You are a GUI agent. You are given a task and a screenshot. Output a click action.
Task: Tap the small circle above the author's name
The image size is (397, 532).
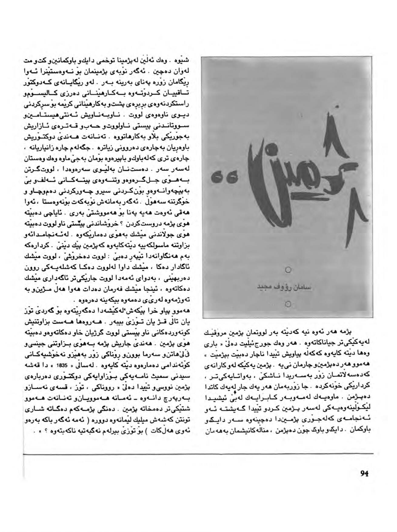[288, 269]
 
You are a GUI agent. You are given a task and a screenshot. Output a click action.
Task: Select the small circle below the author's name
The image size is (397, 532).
[288, 304]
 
